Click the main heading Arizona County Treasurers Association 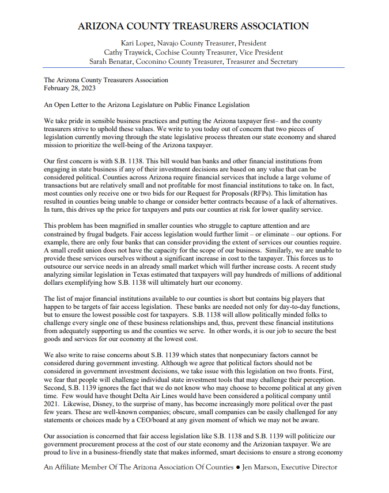(194, 26)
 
